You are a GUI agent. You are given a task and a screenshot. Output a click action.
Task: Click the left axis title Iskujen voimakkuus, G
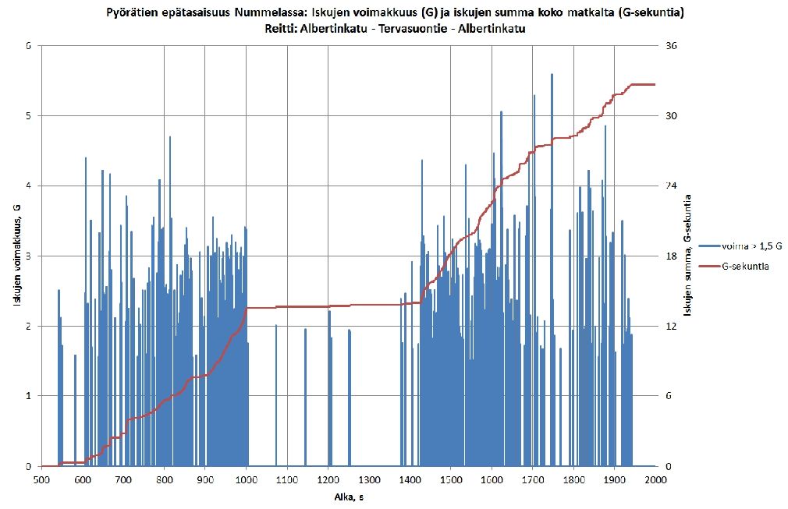click(16, 255)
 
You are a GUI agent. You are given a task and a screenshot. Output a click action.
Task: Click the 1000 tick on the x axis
click(246, 480)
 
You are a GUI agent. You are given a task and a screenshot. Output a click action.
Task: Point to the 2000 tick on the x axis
click(655, 480)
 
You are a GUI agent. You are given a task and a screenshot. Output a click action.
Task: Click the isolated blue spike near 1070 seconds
click(276, 390)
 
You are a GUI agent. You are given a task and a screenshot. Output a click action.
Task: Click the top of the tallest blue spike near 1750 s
click(552, 75)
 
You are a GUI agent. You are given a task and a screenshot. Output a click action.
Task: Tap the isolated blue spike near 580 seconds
click(75, 405)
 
